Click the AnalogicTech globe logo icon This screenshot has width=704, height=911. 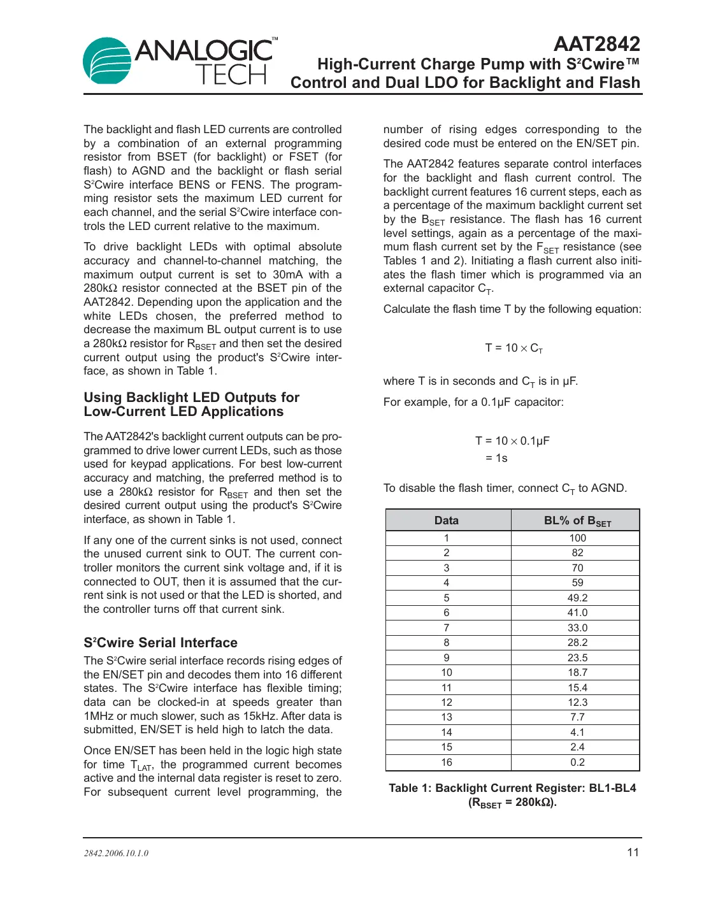click(106, 61)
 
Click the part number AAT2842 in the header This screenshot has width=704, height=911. click(596, 43)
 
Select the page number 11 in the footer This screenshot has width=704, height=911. click(632, 852)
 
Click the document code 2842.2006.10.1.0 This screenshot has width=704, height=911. click(116, 853)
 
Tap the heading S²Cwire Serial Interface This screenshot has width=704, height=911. click(161, 642)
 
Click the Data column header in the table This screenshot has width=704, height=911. click(447, 520)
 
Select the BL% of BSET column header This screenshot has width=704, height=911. click(577, 520)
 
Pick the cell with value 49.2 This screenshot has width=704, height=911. click(577, 598)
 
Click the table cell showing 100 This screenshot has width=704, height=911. click(577, 538)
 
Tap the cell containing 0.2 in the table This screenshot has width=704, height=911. click(577, 762)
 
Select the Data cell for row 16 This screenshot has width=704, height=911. click(447, 762)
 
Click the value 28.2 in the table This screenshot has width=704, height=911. click(577, 642)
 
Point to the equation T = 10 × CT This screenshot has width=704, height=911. click(514, 348)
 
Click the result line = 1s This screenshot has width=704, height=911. click(496, 458)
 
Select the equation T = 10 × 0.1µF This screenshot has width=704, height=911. click(512, 441)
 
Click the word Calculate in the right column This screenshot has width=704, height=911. click(406, 309)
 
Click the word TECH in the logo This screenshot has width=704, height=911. click(231, 76)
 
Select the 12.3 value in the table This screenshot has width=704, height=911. click(577, 702)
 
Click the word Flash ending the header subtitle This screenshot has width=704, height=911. click(618, 83)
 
